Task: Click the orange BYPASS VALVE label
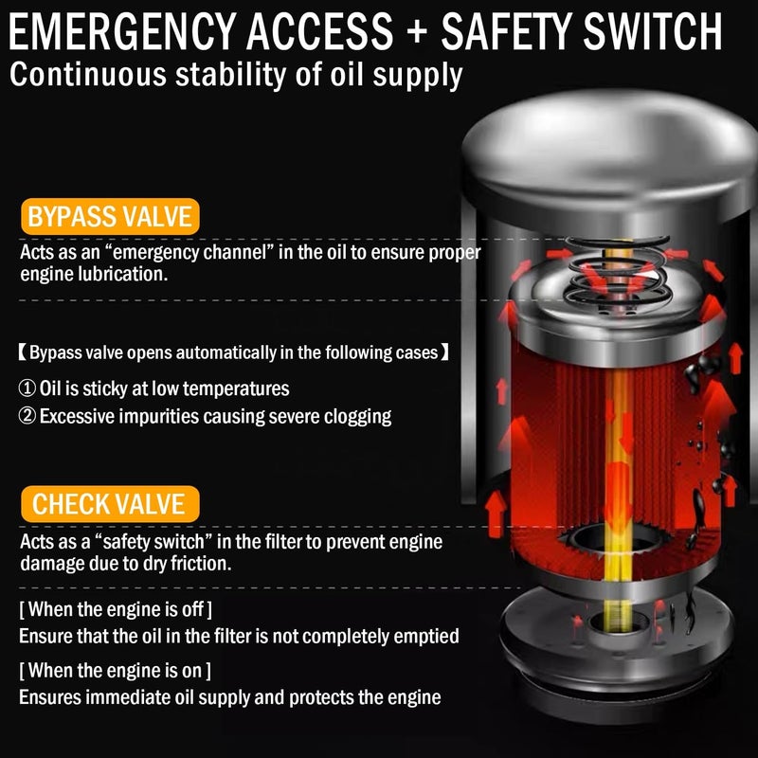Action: coord(110,217)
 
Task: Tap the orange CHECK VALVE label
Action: coord(110,504)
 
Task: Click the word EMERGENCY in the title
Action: coord(121,31)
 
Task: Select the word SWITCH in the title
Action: coord(652,31)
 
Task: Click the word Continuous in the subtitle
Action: coord(88,75)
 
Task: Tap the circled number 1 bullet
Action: coord(27,388)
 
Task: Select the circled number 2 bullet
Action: coord(27,416)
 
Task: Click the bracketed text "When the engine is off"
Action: coord(116,609)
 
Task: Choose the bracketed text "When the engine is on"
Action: coord(115,671)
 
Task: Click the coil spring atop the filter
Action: coord(618,272)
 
